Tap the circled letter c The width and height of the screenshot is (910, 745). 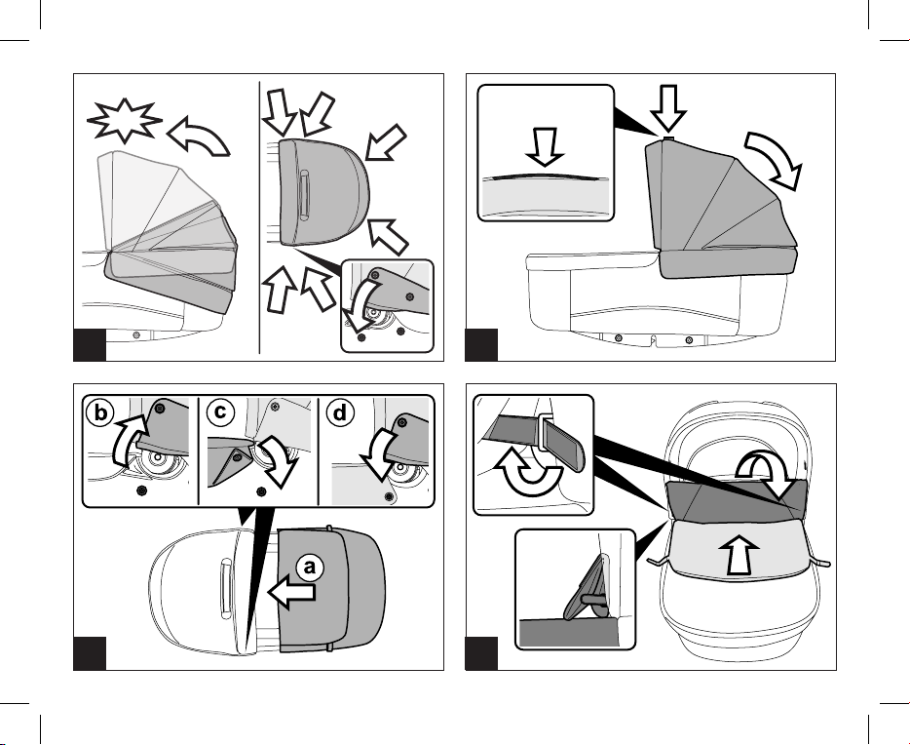click(x=219, y=412)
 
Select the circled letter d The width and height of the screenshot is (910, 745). click(x=339, y=412)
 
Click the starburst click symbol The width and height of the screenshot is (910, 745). click(x=123, y=122)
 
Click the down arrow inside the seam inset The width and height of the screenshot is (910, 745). click(x=544, y=148)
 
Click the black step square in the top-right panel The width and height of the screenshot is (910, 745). click(x=481, y=344)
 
